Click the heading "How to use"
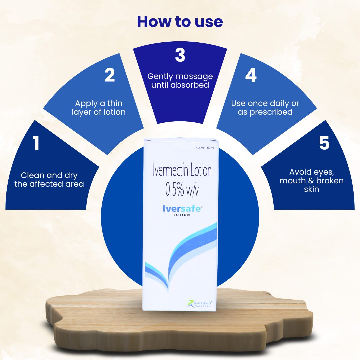tap(180, 22)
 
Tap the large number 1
tap(36, 143)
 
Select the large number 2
tap(110, 75)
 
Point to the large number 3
tap(180, 55)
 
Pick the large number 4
tap(251, 76)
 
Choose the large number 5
tap(324, 143)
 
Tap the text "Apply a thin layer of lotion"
tap(99, 108)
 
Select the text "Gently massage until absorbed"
tap(180, 81)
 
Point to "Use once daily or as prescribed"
tap(265, 108)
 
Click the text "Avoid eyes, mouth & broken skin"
tap(311, 181)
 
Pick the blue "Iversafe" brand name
tap(182, 209)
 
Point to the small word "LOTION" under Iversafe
tap(182, 215)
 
